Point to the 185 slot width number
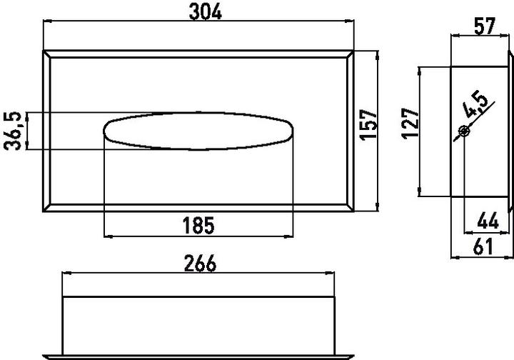pos(199,226)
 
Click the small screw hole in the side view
pos(464,130)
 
